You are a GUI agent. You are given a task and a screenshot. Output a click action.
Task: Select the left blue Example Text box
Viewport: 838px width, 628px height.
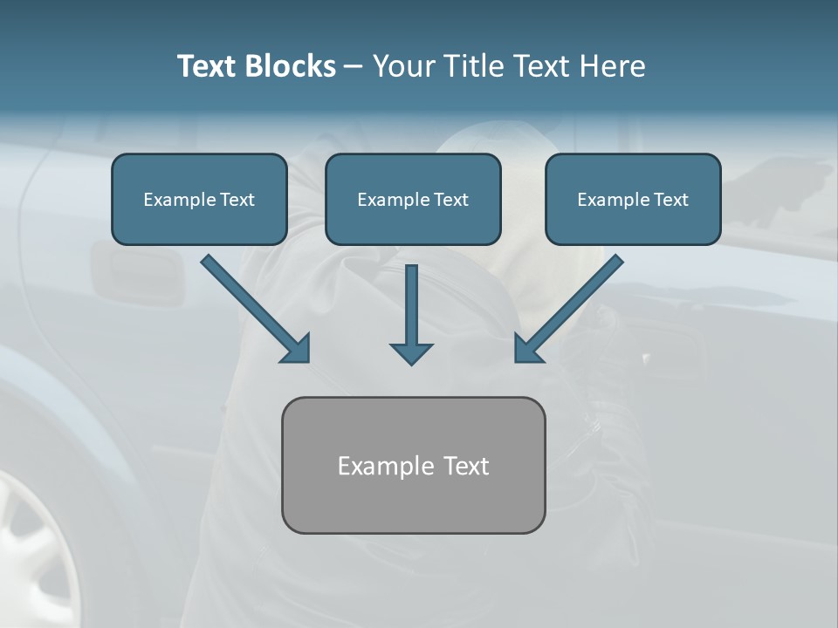click(x=199, y=200)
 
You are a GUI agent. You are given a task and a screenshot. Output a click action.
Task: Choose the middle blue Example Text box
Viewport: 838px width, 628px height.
click(x=413, y=200)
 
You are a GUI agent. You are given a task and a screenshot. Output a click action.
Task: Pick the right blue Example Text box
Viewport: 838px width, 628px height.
click(x=633, y=200)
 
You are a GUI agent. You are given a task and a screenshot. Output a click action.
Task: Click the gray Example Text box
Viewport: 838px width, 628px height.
click(x=413, y=465)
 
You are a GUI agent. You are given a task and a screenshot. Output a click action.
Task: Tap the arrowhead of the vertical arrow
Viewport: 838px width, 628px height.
click(x=411, y=352)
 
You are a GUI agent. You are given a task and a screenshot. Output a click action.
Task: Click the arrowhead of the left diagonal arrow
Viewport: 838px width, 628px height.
click(x=297, y=350)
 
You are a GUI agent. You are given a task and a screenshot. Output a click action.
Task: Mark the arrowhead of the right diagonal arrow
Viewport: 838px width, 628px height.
click(x=527, y=349)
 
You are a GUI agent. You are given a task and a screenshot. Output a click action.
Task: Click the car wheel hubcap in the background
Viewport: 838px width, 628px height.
click(x=35, y=549)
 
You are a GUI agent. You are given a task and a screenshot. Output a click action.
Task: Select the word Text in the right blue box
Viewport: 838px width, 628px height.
click(x=670, y=200)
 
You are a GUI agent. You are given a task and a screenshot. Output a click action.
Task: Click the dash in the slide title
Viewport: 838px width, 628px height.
click(x=354, y=66)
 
